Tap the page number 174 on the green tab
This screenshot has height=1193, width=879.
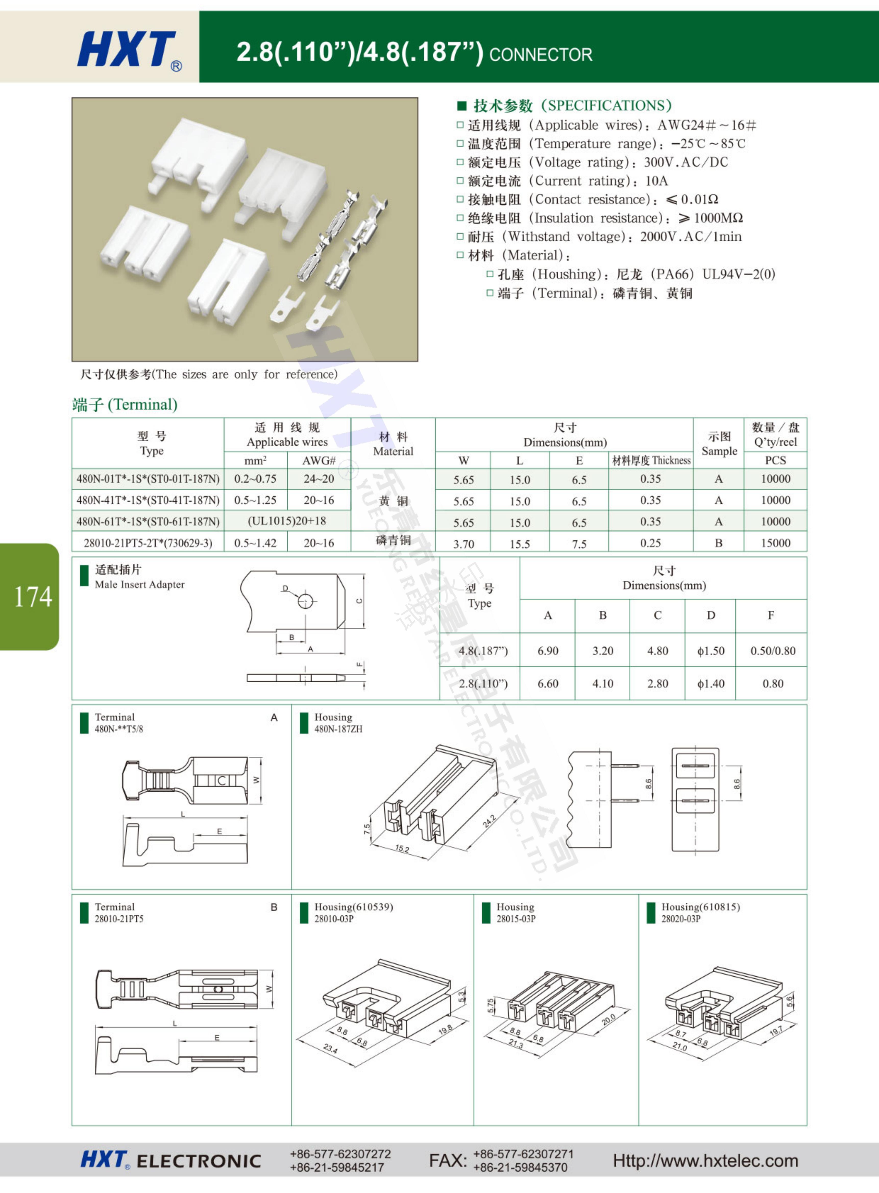[x=33, y=597]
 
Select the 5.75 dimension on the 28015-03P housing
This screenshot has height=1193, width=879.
[x=491, y=1005]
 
